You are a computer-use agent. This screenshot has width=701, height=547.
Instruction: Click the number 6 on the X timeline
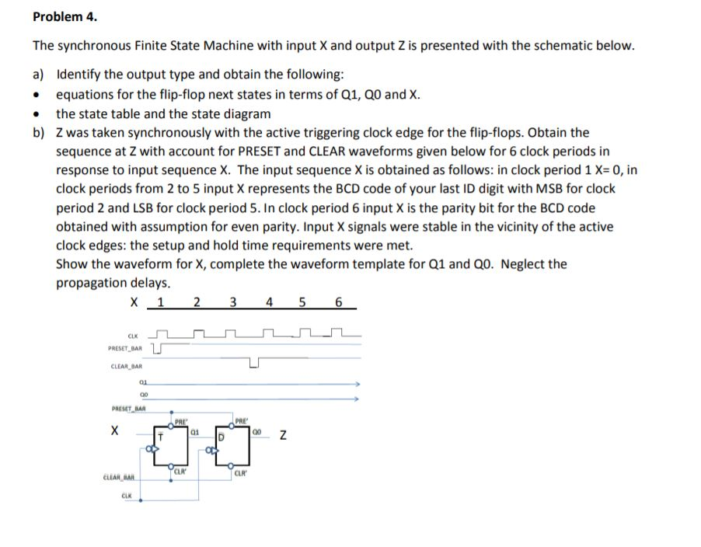click(x=338, y=302)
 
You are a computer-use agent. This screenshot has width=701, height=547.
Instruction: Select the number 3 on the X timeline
click(x=232, y=302)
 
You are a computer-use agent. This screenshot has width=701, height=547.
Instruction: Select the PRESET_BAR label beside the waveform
click(x=126, y=349)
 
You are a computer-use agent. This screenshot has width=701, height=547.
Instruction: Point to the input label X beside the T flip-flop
click(x=115, y=429)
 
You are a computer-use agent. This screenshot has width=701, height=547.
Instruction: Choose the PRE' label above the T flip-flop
click(x=178, y=420)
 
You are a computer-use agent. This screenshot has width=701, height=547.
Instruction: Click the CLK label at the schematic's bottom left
click(x=127, y=494)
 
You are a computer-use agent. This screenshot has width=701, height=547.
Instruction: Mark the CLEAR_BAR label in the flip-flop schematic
click(x=120, y=478)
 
